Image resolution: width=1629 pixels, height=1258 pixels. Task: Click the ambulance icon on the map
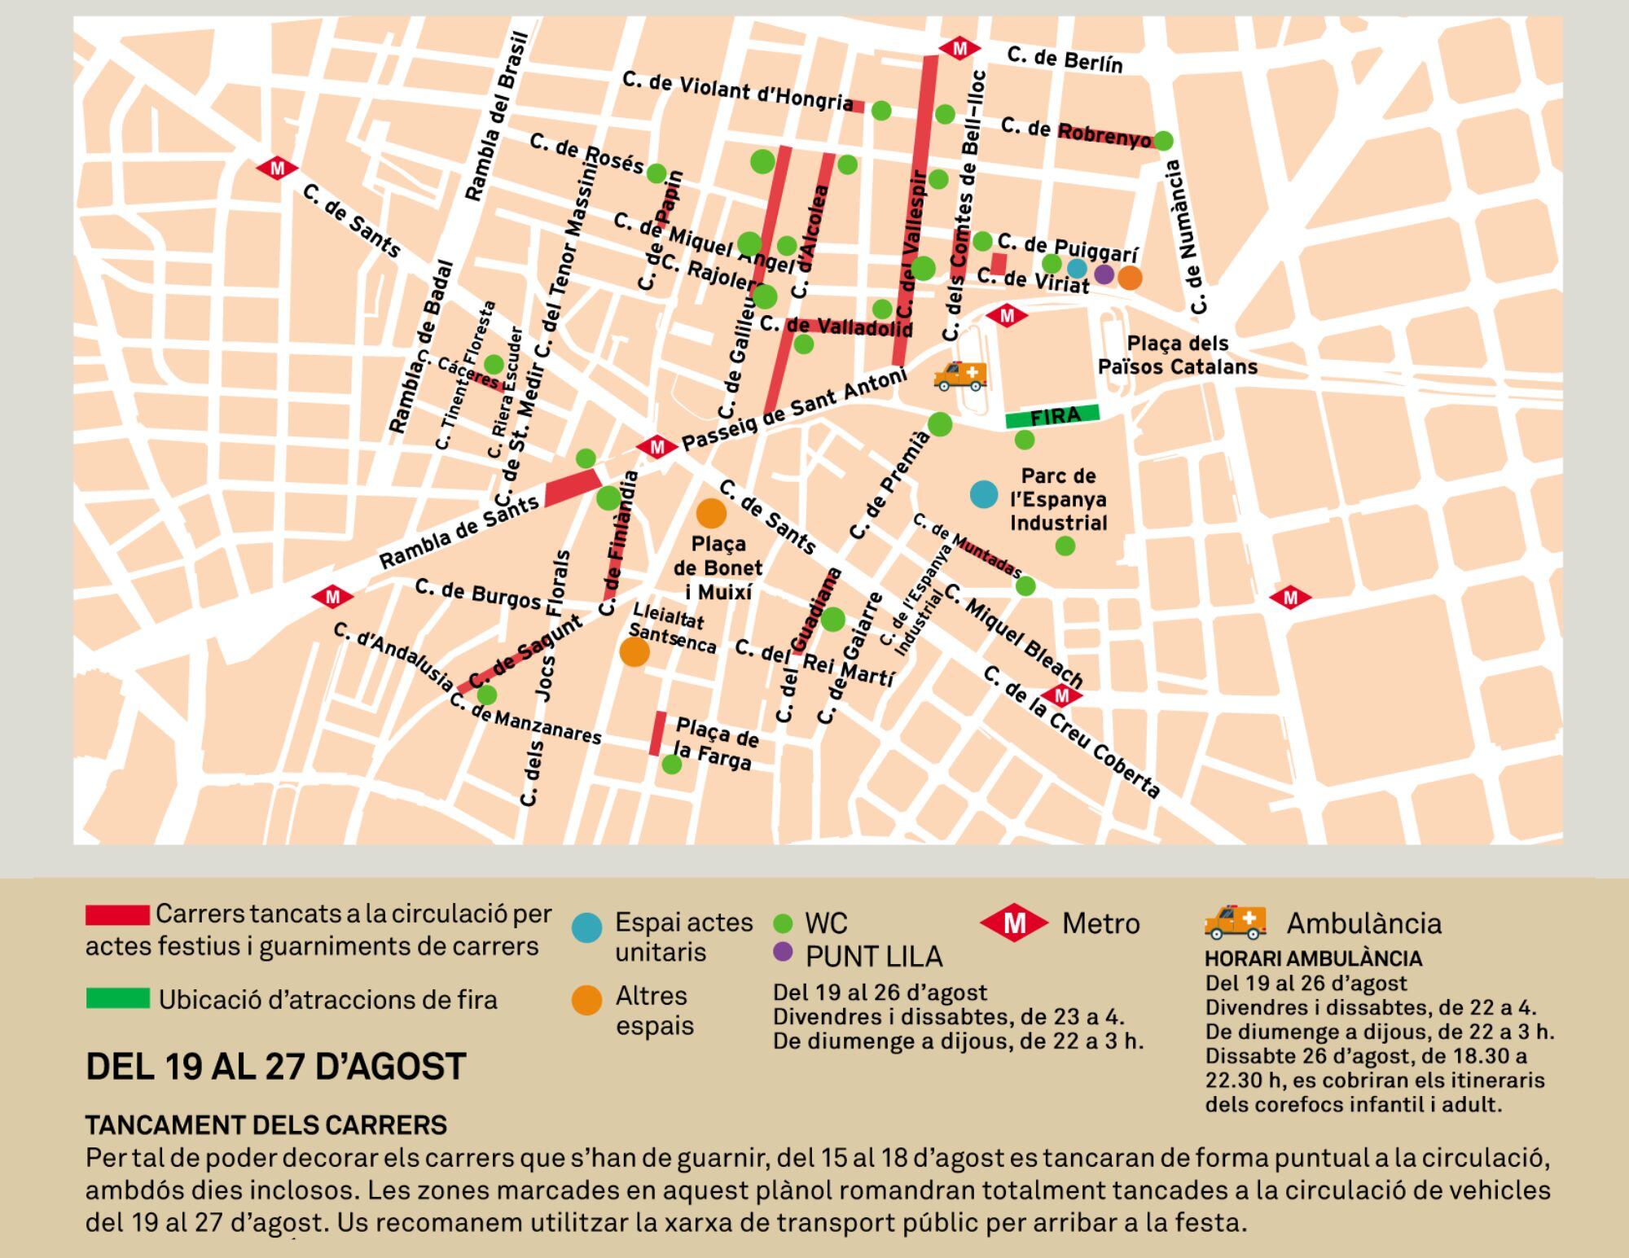click(961, 375)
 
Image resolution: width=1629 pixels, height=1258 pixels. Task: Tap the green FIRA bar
click(1052, 416)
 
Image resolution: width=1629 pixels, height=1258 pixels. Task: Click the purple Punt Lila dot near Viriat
click(1104, 274)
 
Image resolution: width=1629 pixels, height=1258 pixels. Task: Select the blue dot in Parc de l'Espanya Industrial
click(984, 494)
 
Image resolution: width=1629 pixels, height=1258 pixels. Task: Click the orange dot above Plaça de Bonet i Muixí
click(711, 513)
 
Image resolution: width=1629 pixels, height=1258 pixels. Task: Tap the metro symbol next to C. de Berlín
click(959, 49)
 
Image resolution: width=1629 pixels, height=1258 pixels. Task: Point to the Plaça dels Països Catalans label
click(1177, 355)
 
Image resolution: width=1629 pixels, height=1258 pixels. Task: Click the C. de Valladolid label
click(836, 327)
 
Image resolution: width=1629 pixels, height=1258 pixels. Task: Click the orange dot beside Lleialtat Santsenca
click(634, 651)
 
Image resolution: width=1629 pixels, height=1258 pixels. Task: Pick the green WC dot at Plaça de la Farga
click(671, 764)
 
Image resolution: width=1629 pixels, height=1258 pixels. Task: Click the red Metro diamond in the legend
click(1014, 923)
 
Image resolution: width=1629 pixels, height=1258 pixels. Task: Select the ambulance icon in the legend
click(1236, 922)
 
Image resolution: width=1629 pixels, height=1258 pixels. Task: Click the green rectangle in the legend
click(118, 998)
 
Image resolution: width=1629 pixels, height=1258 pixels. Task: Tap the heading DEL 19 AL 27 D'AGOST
click(276, 1066)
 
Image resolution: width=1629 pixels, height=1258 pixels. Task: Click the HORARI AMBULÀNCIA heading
click(1313, 958)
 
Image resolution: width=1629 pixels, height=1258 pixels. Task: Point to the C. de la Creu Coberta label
click(1071, 733)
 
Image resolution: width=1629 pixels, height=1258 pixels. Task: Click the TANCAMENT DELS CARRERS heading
click(266, 1125)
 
